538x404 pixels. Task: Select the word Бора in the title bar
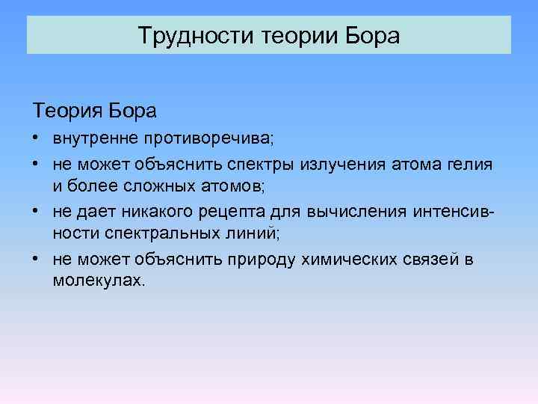[x=376, y=35]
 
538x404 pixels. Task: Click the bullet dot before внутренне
[x=36, y=140]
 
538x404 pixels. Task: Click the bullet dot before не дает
[x=36, y=212]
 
